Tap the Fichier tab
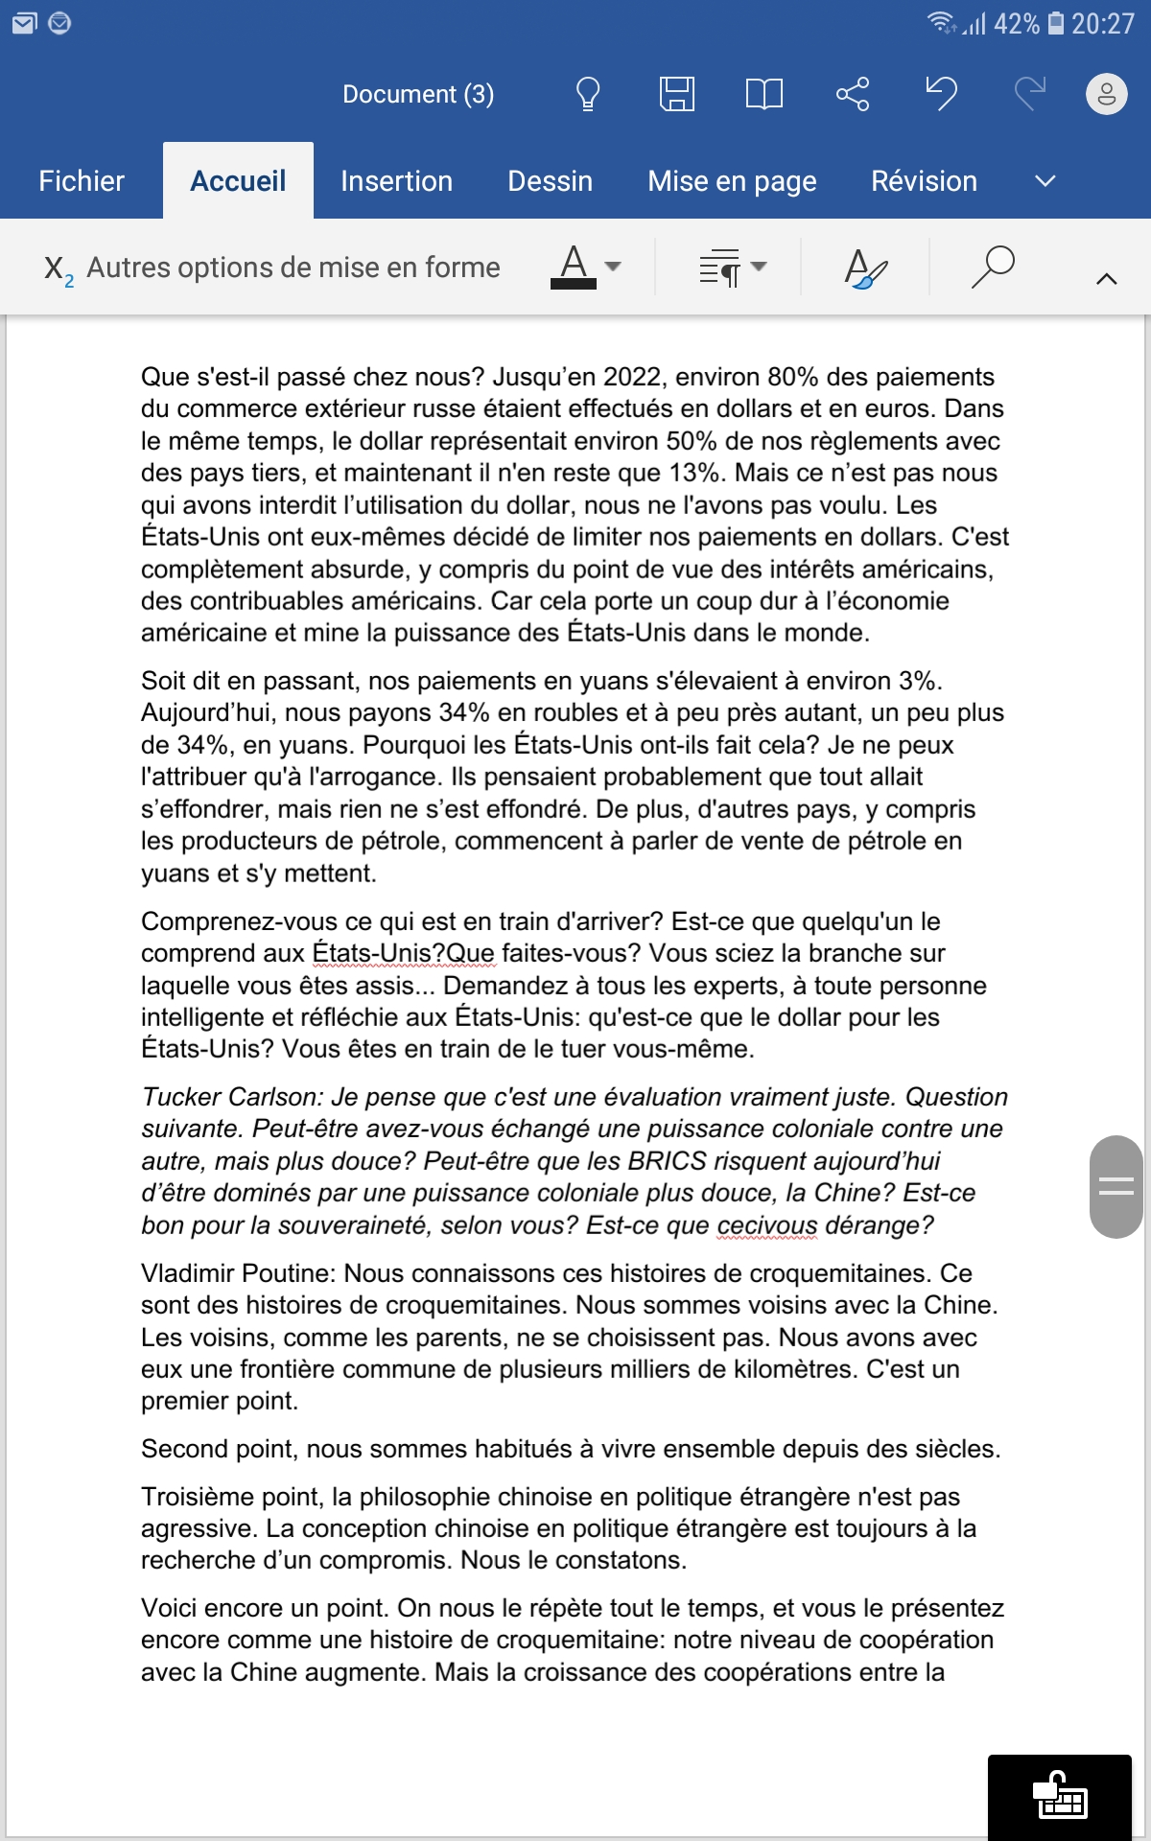tap(82, 181)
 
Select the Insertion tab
tap(396, 181)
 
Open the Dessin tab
tap(550, 181)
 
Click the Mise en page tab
tap(732, 181)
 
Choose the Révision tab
tap(924, 181)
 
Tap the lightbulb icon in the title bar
tap(587, 94)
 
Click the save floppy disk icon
tap(676, 94)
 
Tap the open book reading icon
tap(763, 94)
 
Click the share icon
tap(852, 94)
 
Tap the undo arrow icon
tap(941, 94)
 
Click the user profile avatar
tap(1106, 94)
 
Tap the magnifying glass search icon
tap(992, 267)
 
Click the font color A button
tap(574, 267)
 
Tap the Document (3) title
tap(418, 94)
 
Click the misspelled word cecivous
tap(766, 1225)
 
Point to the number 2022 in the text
tap(633, 377)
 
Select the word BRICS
tap(667, 1161)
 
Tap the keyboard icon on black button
tap(1059, 1796)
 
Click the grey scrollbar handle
tap(1116, 1186)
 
